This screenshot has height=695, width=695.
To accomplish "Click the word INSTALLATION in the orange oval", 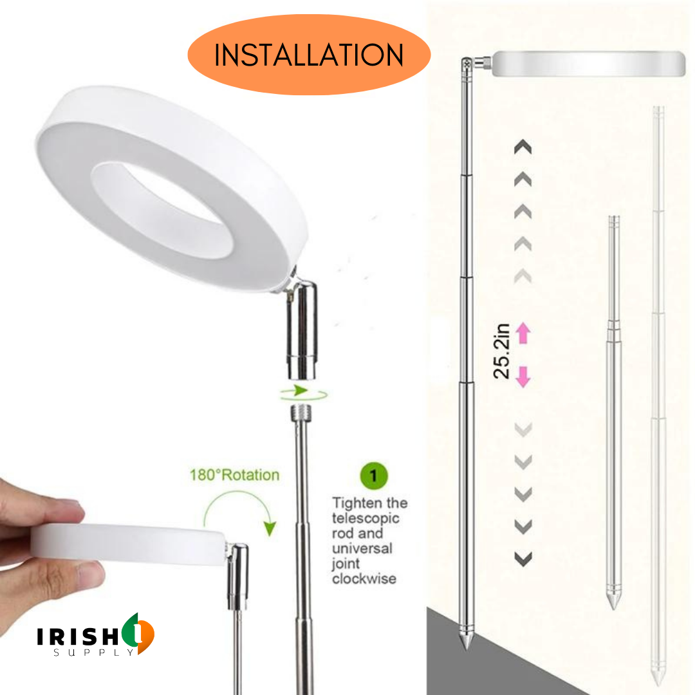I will point(308,55).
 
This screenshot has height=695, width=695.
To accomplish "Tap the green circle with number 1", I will point(374,477).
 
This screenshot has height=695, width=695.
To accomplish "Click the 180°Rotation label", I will point(234,475).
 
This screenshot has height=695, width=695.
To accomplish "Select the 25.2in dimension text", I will point(503,351).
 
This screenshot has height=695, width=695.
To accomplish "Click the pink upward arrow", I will point(523,333).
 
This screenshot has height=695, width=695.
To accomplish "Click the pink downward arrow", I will point(523,376).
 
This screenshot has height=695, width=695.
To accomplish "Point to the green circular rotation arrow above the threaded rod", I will point(303,391).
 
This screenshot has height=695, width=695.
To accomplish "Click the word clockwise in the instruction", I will point(364,579).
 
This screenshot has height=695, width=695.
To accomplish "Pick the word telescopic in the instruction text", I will point(366,518).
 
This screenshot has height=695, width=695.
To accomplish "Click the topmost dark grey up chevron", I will point(523,147).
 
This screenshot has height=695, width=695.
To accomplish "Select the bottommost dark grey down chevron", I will point(524,559).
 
